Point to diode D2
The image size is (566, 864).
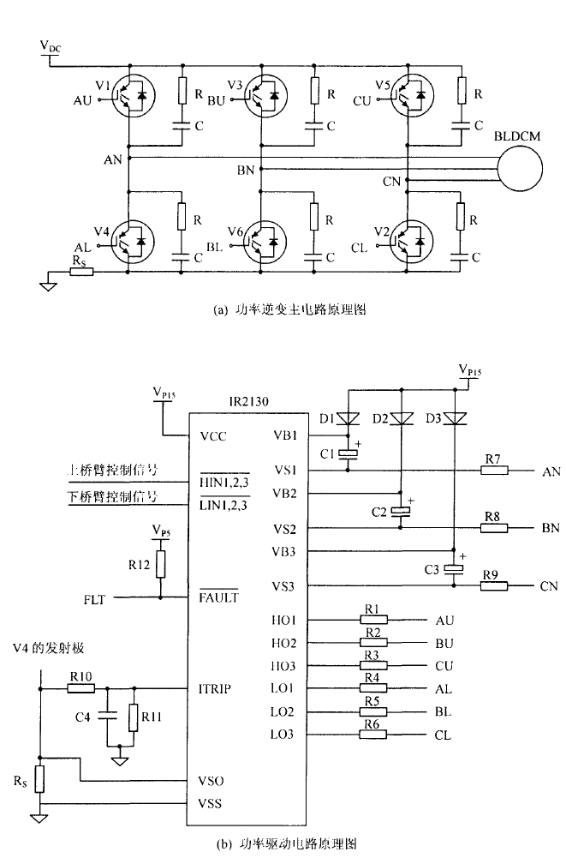[399, 419]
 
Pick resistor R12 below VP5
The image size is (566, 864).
[160, 563]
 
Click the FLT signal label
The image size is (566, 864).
[94, 598]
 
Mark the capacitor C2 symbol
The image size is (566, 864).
[399, 512]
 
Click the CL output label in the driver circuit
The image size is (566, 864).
[443, 735]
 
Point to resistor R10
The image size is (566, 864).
[80, 687]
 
